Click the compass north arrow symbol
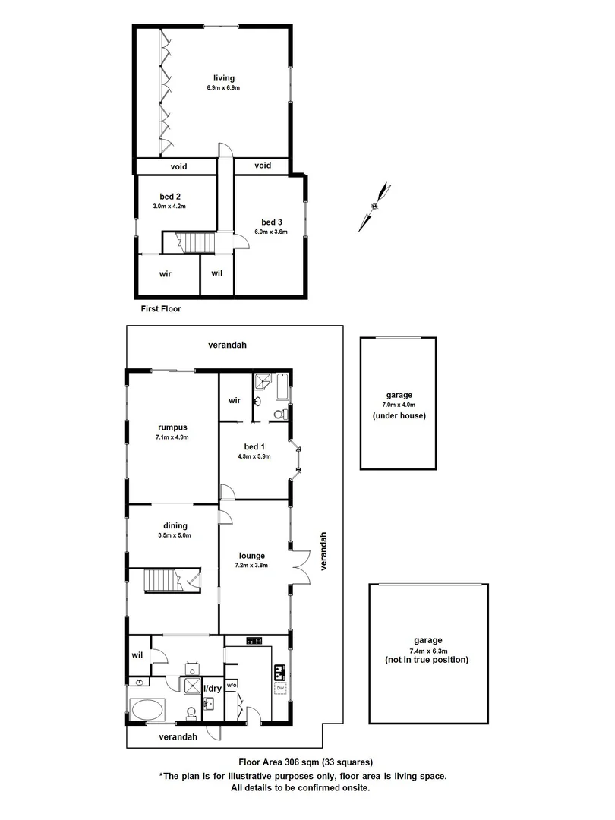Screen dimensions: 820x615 376,205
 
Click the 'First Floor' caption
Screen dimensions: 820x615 161,309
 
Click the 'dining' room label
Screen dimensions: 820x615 175,525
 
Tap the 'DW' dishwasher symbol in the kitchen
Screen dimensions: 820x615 280,689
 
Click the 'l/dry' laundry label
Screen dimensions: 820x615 213,689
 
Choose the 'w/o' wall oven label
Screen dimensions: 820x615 232,685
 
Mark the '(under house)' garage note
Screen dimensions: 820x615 399,415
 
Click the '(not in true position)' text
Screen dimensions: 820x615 426,660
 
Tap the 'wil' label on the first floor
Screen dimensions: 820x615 216,273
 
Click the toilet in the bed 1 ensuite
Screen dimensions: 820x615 278,415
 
